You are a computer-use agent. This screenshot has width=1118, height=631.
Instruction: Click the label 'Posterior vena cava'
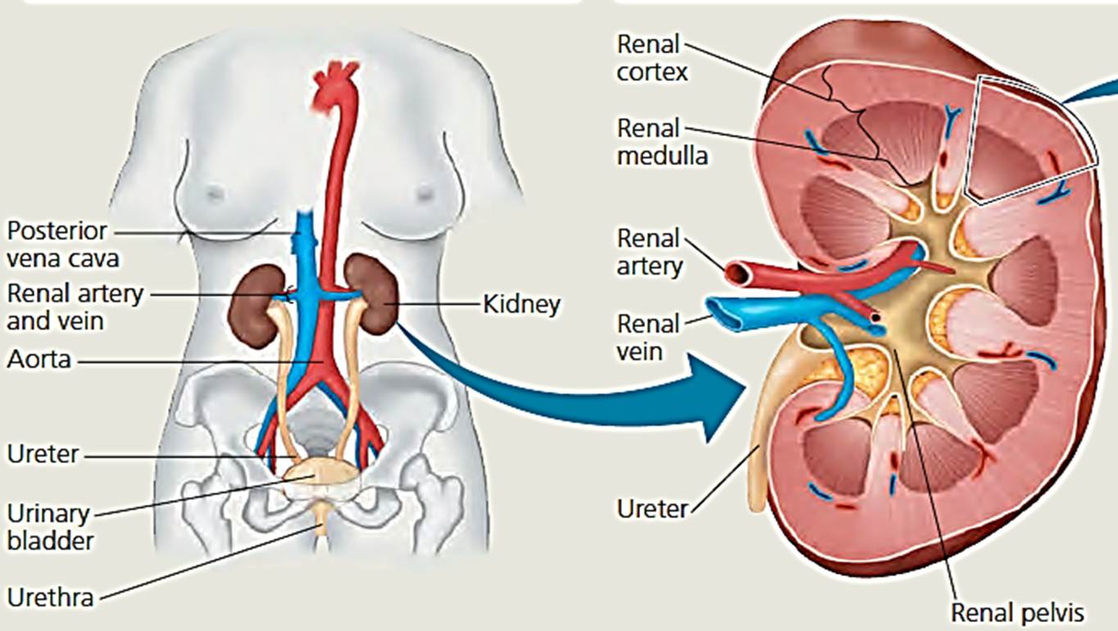(63, 244)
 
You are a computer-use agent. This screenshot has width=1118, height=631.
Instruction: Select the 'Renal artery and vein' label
(75, 306)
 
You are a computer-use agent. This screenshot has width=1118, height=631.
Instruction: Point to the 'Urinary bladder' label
(48, 527)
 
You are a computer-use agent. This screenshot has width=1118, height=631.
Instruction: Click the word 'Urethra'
(50, 597)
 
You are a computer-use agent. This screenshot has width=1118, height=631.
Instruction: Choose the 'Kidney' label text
(522, 305)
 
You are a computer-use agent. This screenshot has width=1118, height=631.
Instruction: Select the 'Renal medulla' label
(661, 141)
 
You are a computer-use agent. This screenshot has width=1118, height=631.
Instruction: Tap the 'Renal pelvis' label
(1016, 611)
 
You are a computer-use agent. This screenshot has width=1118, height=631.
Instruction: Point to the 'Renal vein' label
(648, 337)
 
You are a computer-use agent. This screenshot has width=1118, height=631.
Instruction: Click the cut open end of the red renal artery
(735, 272)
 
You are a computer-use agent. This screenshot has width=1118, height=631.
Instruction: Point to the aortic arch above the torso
(335, 81)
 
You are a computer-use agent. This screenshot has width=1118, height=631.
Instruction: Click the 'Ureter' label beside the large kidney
(652, 509)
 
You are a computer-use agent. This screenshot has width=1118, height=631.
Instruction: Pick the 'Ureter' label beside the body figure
(43, 453)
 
